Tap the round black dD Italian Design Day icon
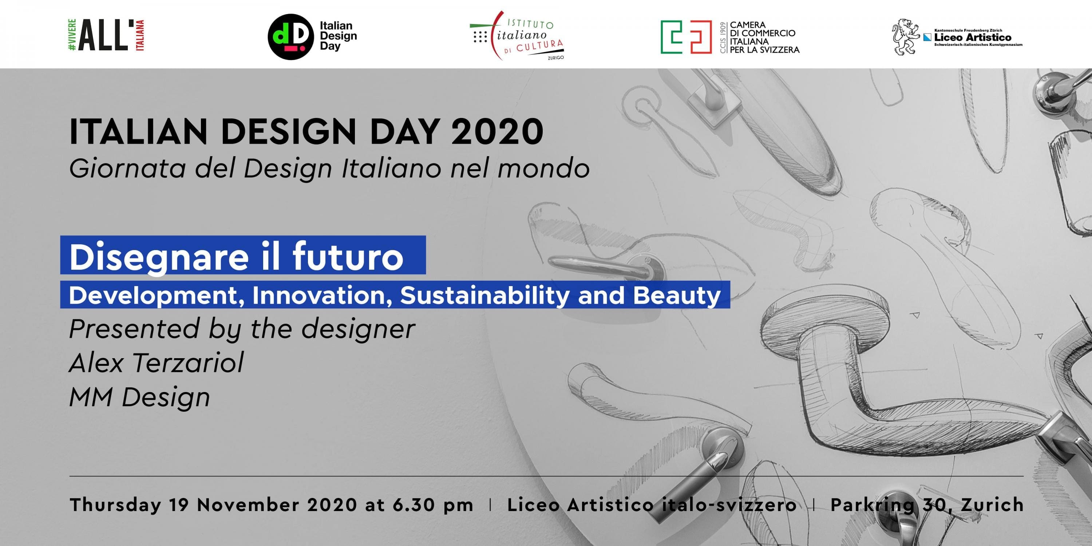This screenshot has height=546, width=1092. [290, 37]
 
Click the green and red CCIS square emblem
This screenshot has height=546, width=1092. [686, 37]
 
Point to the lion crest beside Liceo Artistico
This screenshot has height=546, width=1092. [906, 37]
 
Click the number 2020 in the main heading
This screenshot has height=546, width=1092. [497, 132]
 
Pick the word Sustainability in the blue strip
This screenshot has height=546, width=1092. [484, 296]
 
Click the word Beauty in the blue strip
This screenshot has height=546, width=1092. [677, 296]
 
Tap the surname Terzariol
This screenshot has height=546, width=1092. [189, 363]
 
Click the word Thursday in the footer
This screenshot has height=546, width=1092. [115, 505]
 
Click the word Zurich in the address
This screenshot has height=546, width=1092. [992, 505]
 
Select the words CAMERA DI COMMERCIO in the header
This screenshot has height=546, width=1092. [763, 29]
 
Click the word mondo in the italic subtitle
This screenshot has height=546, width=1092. [544, 169]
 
